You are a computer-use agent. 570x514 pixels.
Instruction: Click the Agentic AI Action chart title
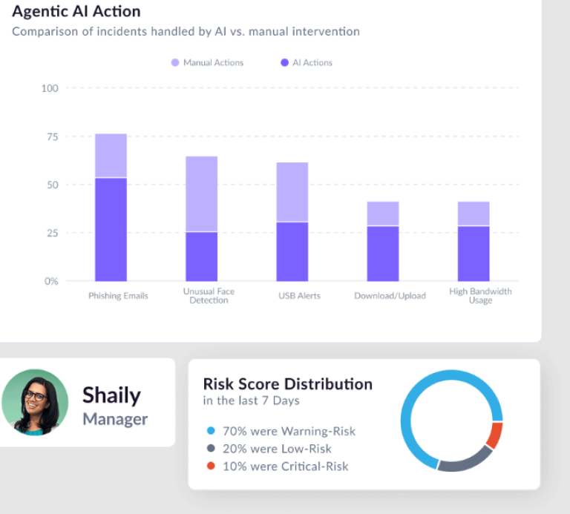(x=76, y=12)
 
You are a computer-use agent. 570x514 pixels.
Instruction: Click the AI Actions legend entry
(x=307, y=63)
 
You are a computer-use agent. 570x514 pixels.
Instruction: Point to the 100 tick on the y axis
(x=50, y=88)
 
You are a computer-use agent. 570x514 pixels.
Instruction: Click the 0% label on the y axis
(x=50, y=281)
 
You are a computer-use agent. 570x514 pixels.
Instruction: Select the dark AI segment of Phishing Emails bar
(x=111, y=230)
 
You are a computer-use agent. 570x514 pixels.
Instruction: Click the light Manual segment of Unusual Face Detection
(x=201, y=194)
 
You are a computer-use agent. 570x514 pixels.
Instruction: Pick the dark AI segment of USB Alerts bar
(x=292, y=251)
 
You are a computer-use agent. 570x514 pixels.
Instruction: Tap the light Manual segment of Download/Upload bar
(x=383, y=214)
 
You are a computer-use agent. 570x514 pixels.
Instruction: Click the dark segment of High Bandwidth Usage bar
(x=474, y=254)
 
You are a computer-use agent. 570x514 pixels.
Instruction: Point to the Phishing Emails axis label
(x=119, y=296)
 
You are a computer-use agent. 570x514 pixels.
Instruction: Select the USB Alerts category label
(x=299, y=296)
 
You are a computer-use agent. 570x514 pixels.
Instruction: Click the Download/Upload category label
(x=390, y=296)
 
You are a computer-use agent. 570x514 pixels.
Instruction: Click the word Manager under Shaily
(x=115, y=419)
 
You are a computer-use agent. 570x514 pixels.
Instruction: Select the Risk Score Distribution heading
(x=288, y=384)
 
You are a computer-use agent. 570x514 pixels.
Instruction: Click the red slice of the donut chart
(x=495, y=435)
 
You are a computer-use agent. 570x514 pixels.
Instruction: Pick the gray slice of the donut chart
(x=463, y=462)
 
